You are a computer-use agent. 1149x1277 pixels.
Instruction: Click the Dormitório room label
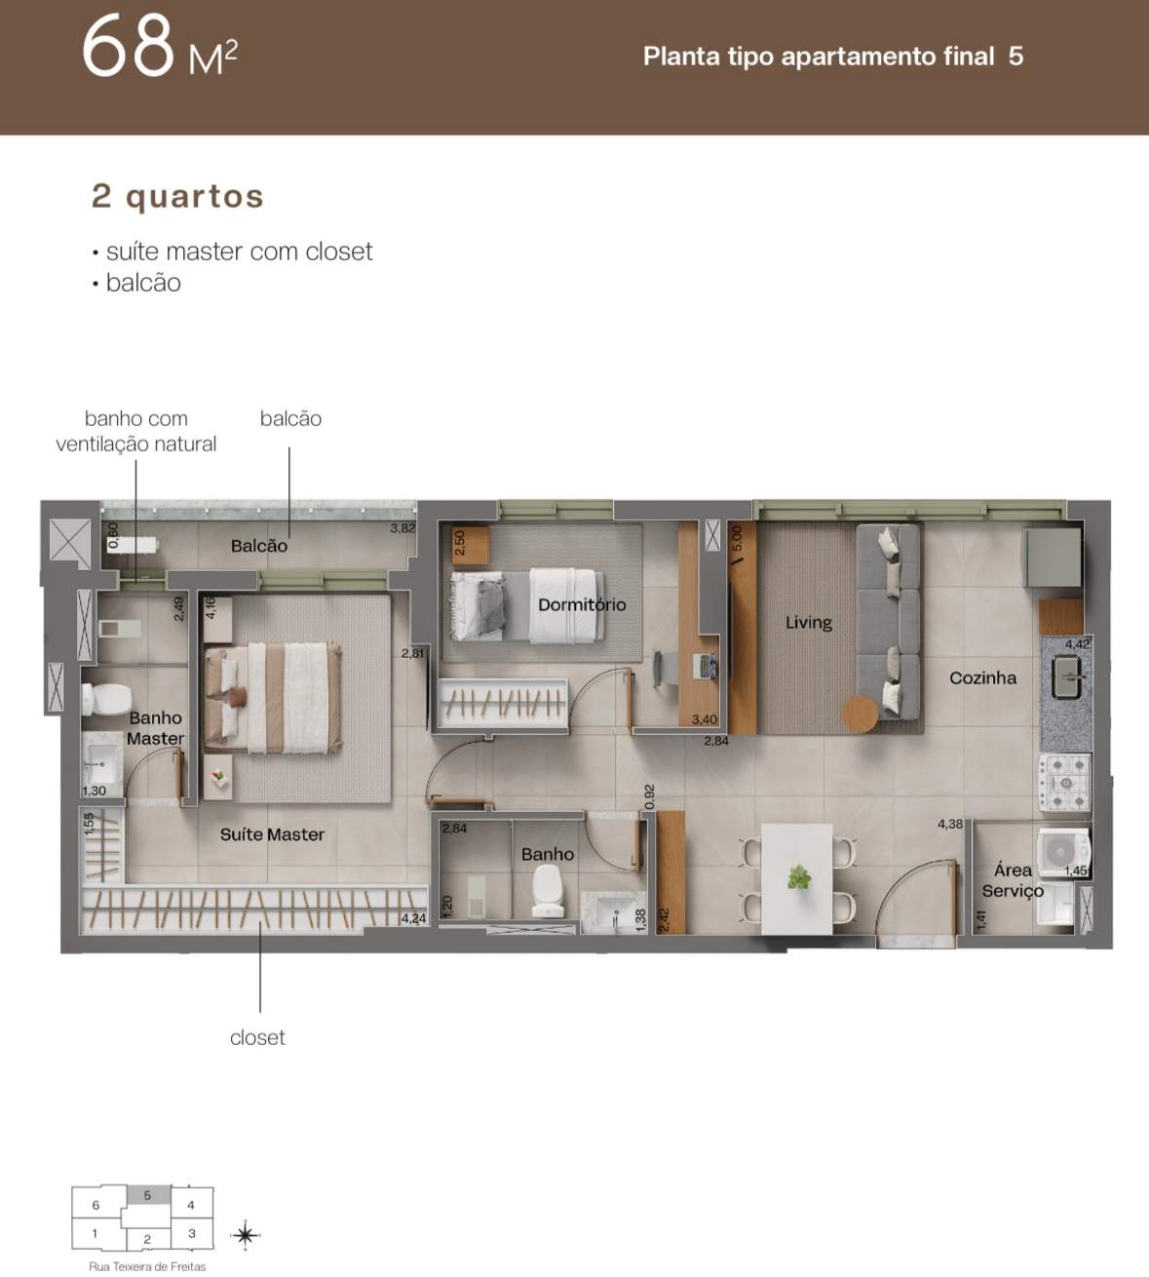582,604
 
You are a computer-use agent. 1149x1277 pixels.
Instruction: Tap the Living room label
809,622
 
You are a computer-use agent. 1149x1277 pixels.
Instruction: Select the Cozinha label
983,677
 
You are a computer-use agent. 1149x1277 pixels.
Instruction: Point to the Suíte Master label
272,833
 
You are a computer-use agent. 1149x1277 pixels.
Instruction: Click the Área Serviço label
1013,880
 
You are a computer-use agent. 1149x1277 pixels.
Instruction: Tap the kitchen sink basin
1065,677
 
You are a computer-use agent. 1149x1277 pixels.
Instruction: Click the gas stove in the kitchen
1064,783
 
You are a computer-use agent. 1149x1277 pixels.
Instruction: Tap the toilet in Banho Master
98,699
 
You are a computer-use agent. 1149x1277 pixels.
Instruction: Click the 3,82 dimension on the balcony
402,527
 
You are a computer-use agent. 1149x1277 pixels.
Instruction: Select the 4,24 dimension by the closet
413,918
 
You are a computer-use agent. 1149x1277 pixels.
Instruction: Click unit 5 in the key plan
148,1195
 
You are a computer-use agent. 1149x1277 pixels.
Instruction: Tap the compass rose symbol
246,1235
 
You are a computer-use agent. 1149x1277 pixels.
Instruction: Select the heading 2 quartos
177,196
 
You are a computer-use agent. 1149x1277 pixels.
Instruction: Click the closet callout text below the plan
257,1037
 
